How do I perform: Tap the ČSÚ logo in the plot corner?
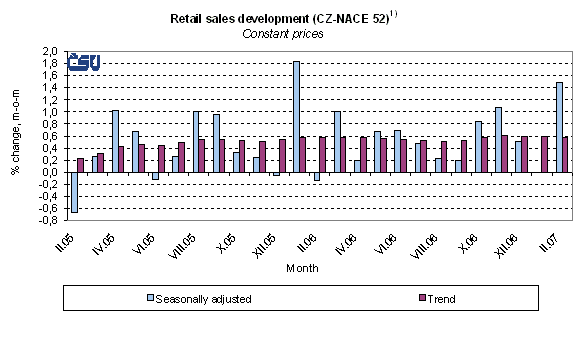click(x=83, y=62)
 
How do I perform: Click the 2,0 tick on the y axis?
click(x=48, y=51)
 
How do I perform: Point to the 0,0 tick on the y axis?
click(x=48, y=172)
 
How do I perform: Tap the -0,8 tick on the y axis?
click(x=46, y=220)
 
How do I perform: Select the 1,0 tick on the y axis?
click(x=48, y=112)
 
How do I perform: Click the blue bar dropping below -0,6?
click(x=74, y=191)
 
